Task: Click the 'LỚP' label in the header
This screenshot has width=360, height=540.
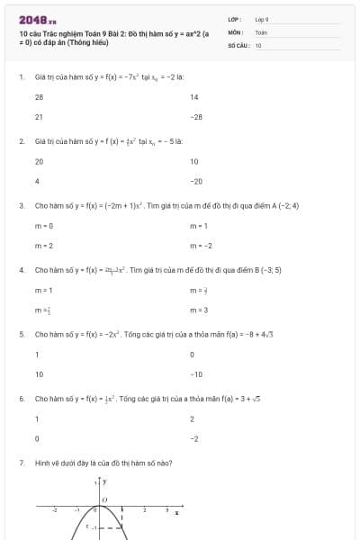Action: coord(233,18)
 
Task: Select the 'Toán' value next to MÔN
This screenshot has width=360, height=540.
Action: coord(261,31)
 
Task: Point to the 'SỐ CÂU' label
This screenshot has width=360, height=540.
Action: coord(238,43)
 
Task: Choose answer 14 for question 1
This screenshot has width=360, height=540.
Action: coord(193,96)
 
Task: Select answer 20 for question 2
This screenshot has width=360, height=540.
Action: coord(39,161)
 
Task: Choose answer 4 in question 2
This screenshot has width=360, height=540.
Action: coord(37,181)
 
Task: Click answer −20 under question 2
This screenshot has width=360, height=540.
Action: coord(196,181)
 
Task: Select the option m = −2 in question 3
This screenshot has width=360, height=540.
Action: coord(44,245)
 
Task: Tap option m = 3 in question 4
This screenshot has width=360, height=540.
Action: coord(199,310)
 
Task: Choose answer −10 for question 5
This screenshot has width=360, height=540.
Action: coord(196,373)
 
